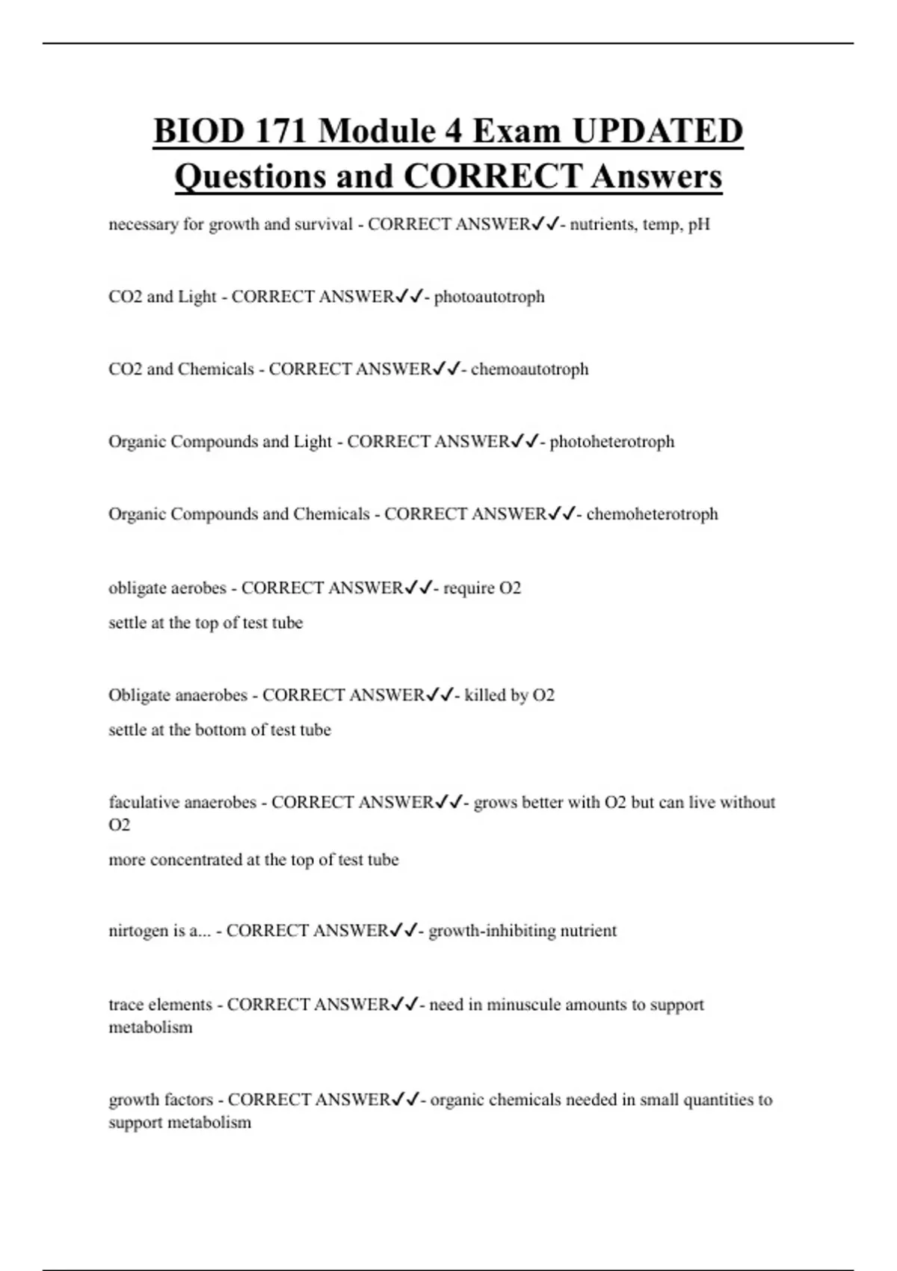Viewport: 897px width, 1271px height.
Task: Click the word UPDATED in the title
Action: click(658, 131)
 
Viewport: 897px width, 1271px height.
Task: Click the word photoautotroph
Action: click(489, 297)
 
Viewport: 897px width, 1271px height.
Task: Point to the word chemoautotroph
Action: click(529, 369)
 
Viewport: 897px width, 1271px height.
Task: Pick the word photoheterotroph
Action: click(611, 442)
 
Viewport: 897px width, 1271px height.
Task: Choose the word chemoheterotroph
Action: click(652, 514)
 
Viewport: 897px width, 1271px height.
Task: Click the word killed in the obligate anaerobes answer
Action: click(484, 695)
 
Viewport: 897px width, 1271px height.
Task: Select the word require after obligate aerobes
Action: click(469, 588)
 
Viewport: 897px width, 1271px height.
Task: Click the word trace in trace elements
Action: click(126, 1005)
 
